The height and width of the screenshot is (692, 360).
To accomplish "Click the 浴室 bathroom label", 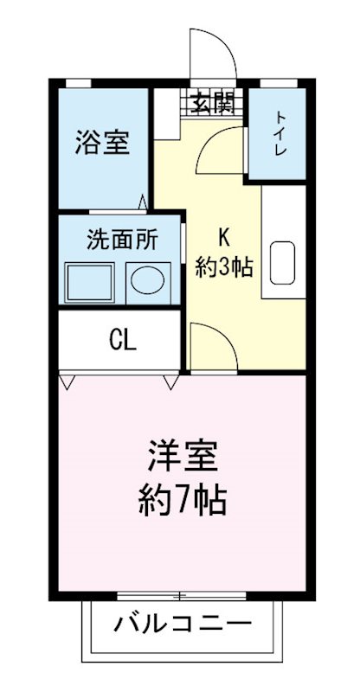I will tap(102, 142).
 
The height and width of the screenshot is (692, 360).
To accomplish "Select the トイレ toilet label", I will tap(280, 133).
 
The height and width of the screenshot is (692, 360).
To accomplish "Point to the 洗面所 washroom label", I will tap(121, 240).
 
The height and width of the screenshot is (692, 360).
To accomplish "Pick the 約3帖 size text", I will tap(222, 266).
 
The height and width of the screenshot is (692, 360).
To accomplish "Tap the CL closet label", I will tap(122, 340).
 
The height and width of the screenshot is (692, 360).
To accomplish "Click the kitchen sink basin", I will tap(283, 263).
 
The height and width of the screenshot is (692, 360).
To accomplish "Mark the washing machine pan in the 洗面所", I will tap(90, 282).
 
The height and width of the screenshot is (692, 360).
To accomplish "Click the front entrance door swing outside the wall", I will tap(213, 54).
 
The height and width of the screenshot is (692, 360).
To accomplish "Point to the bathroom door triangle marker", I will tap(143, 202).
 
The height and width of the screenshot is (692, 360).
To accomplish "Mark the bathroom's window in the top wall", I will tap(79, 82).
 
